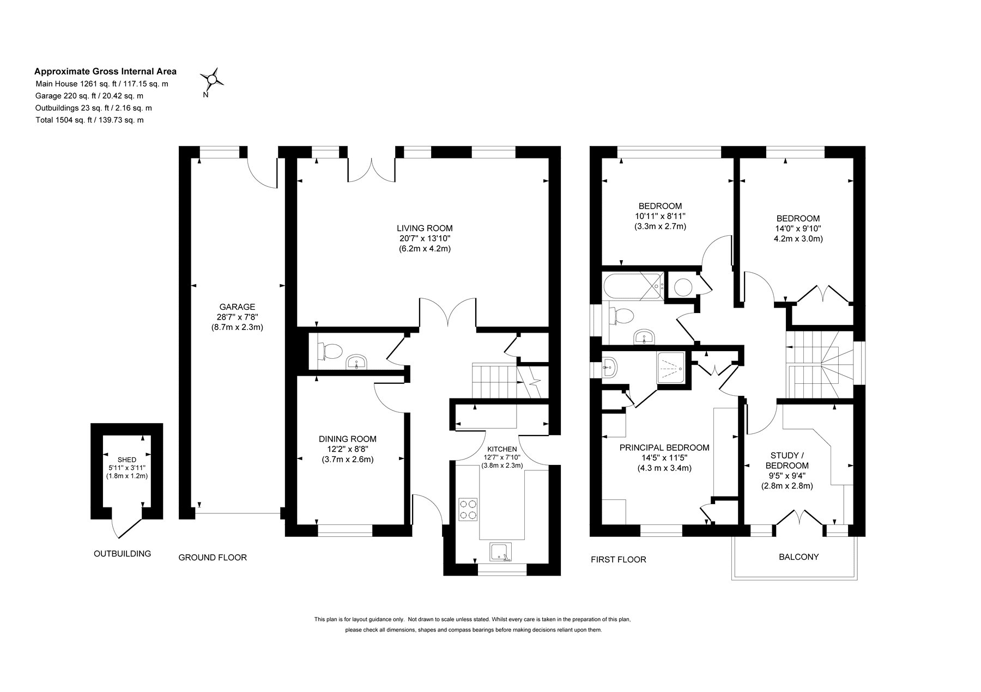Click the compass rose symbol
coord(211,80)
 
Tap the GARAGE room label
coord(237,307)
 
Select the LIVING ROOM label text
coord(425,228)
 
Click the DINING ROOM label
coord(348,439)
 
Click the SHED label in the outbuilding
coord(127,460)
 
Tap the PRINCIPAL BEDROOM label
coord(664,448)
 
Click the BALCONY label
coord(798,557)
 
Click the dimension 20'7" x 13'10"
coord(425,238)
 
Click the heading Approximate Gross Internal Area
coord(105,71)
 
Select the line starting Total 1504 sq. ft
coord(89,120)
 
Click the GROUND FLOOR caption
coord(213,558)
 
